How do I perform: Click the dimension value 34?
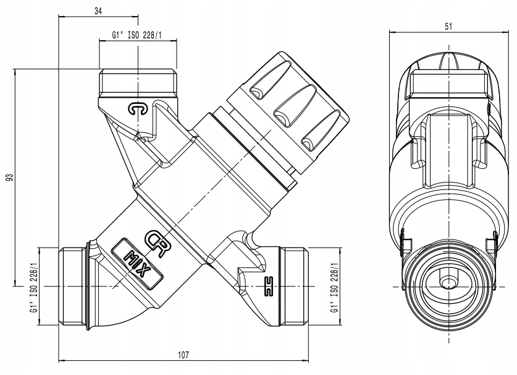click(98, 11)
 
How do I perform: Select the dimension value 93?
click(11, 178)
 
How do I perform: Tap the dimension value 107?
click(183, 355)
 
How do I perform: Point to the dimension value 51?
click(448, 27)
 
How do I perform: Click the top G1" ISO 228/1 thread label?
click(137, 35)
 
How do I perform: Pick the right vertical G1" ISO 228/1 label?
click(334, 288)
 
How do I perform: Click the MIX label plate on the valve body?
click(137, 264)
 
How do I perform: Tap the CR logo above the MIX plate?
click(157, 243)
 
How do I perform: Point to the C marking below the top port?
click(138, 109)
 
